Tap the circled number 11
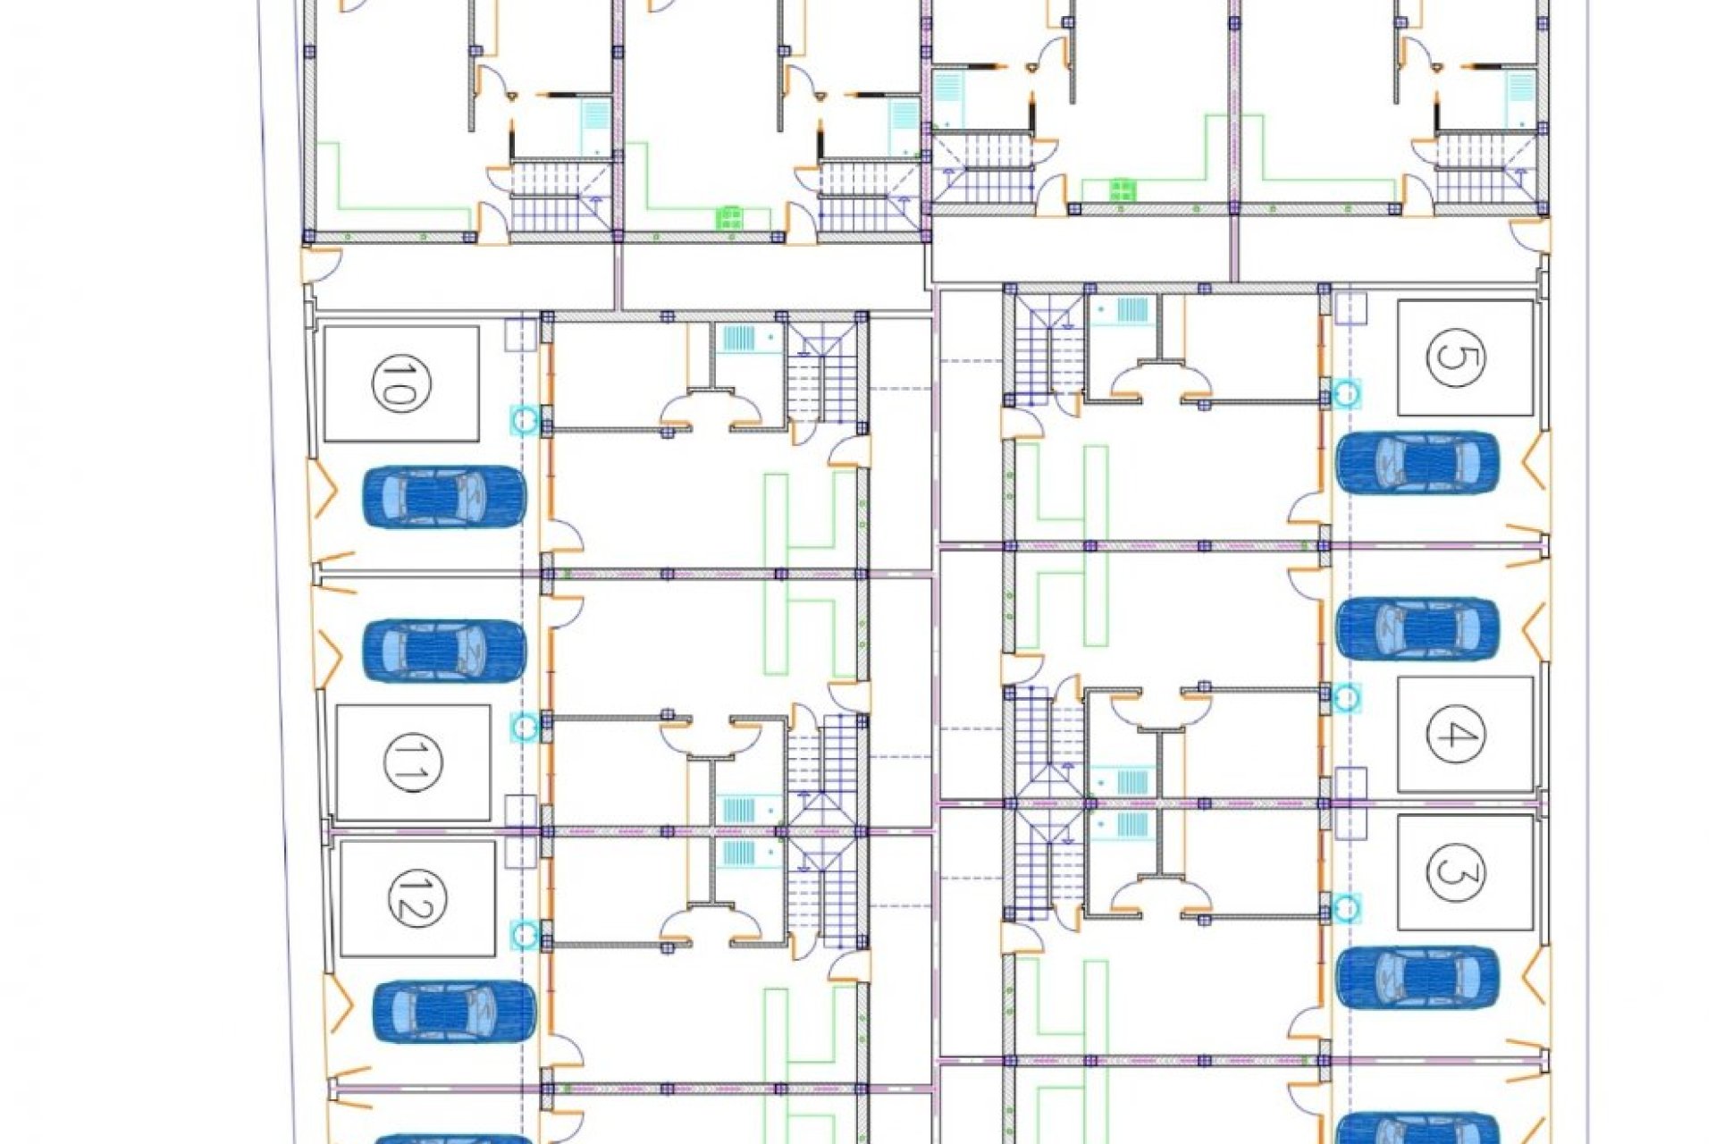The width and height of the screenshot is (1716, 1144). coord(408,762)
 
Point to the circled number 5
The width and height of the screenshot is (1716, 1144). coord(1456,357)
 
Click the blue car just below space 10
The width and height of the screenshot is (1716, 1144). coord(443,497)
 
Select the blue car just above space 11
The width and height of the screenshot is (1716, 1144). coord(443,651)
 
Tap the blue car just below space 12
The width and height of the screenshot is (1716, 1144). coord(454,1011)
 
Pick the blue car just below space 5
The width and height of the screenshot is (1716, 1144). coord(1417,463)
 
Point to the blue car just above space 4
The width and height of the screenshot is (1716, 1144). coord(1417,628)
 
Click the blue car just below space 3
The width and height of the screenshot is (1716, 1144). coord(1417,976)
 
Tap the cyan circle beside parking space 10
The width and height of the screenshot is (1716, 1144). coord(525,419)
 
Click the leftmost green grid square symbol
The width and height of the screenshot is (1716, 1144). coord(729,218)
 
